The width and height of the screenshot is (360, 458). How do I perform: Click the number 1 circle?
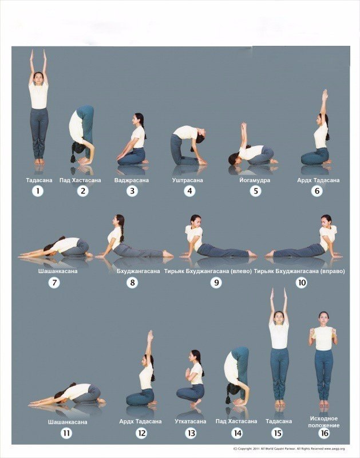[38, 191]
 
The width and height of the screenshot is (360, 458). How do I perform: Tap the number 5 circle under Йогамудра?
[256, 191]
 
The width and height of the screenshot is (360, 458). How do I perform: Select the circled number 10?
[301, 282]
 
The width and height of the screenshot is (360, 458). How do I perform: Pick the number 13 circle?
[191, 433]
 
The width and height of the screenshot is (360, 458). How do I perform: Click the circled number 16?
[325, 433]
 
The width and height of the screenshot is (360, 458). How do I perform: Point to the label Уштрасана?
[188, 180]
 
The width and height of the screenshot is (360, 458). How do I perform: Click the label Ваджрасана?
[132, 180]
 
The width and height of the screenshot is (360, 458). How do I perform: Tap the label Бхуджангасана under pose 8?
[138, 271]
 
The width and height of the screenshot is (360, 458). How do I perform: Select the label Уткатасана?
[191, 421]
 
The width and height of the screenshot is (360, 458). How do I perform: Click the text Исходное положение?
[324, 422]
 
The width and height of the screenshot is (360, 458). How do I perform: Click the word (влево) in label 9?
[241, 271]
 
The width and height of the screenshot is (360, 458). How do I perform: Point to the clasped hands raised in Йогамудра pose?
[243, 127]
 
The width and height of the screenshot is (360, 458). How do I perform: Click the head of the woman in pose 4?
[201, 136]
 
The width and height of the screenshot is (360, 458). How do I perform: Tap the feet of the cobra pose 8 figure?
[168, 254]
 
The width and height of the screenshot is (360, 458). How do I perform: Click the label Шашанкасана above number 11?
[68, 422]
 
